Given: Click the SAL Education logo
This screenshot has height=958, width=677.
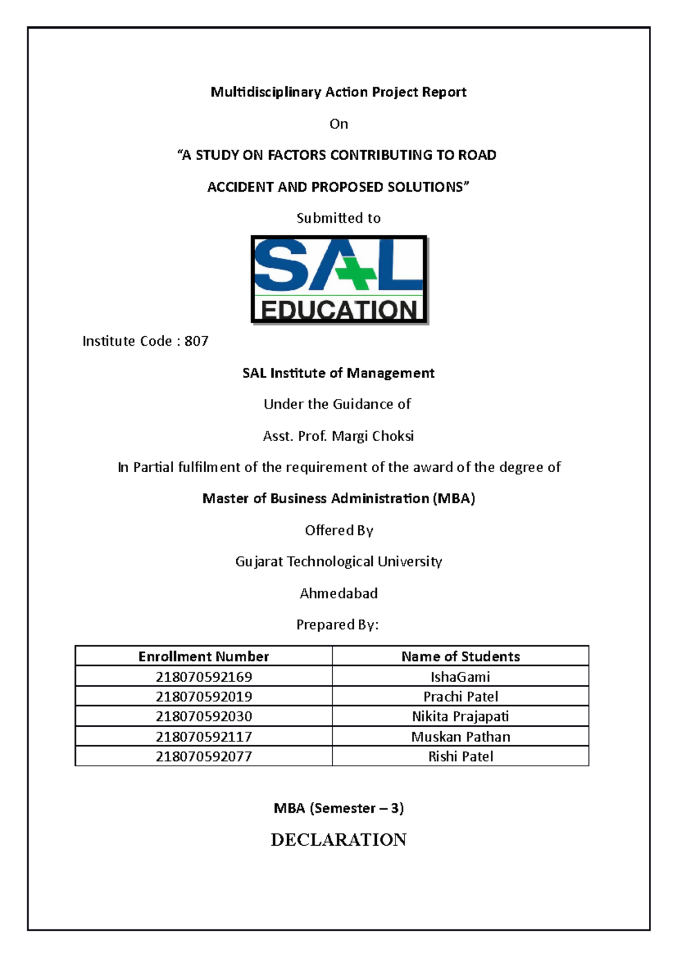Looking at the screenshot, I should point(338,279).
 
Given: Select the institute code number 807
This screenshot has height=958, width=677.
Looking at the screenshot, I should point(196,341).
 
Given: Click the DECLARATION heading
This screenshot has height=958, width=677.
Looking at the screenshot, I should point(338,840).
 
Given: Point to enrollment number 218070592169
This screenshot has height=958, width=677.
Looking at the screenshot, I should point(204,676).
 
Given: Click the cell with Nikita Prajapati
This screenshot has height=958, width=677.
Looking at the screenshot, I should point(460,717).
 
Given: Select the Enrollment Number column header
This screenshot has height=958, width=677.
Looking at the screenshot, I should point(204,656).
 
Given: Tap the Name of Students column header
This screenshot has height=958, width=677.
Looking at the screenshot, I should point(460,656).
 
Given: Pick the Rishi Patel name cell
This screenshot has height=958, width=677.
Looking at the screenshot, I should point(460,757).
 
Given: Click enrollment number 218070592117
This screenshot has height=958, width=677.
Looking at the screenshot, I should point(204,737).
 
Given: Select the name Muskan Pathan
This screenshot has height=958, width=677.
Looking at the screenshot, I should point(460,737).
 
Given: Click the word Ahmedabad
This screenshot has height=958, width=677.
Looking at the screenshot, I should point(338,594).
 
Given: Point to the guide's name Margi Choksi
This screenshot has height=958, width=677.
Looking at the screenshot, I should point(373,436).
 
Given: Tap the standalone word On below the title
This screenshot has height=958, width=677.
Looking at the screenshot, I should point(338,124).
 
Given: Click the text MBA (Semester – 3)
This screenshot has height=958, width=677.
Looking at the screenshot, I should point(338,808).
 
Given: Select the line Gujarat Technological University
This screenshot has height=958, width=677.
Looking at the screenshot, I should point(338,562).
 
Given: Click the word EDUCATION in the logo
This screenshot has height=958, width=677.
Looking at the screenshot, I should point(338,310).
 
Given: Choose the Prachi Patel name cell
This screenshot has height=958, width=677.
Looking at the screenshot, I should point(460,697).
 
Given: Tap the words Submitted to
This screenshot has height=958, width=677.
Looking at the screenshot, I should point(338,218).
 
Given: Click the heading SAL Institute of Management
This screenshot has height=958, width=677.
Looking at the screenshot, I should point(338,373).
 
